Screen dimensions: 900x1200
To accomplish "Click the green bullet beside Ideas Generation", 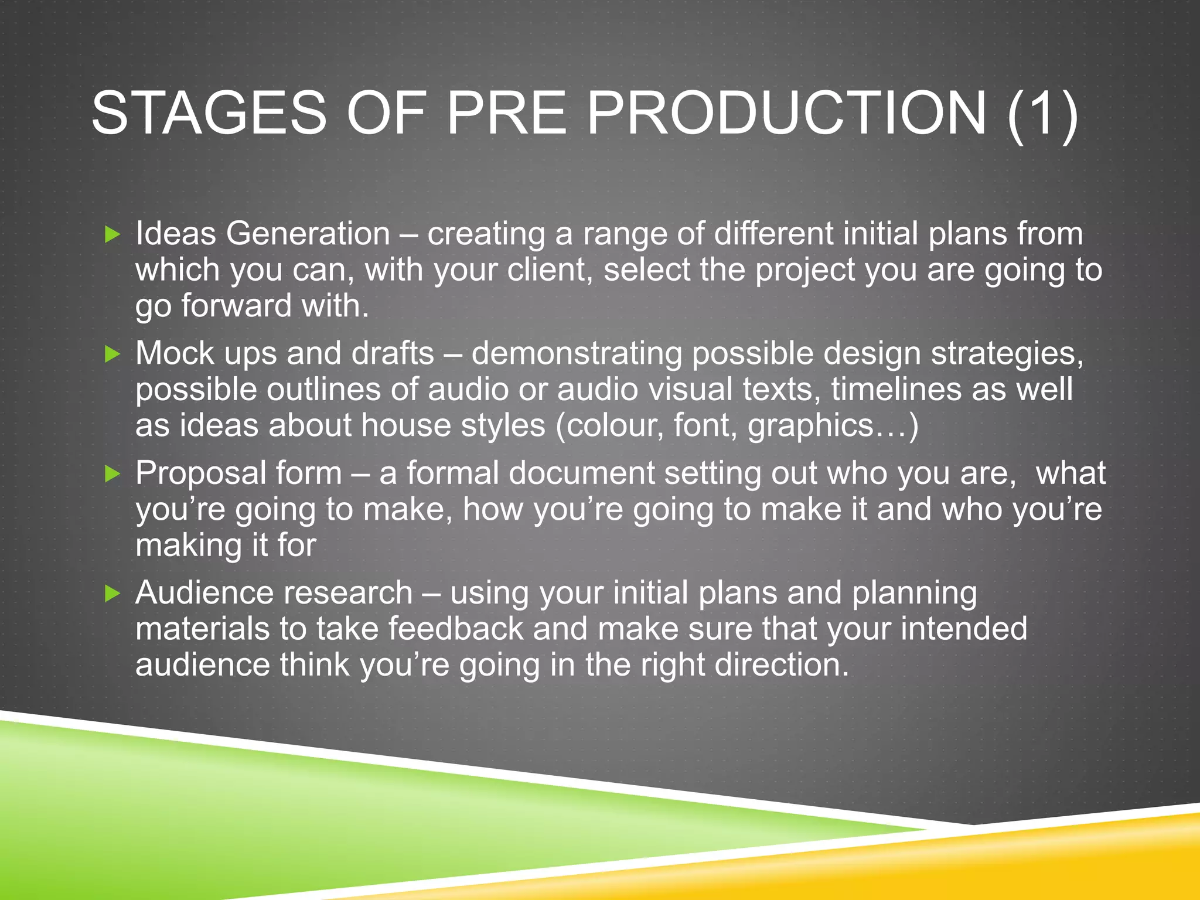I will (112, 235).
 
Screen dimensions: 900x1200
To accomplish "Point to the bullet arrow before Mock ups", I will (112, 354).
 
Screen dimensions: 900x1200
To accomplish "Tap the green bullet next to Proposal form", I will (112, 473).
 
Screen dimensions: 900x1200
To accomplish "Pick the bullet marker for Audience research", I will (112, 594).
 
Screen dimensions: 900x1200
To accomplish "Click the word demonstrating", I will (577, 354).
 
